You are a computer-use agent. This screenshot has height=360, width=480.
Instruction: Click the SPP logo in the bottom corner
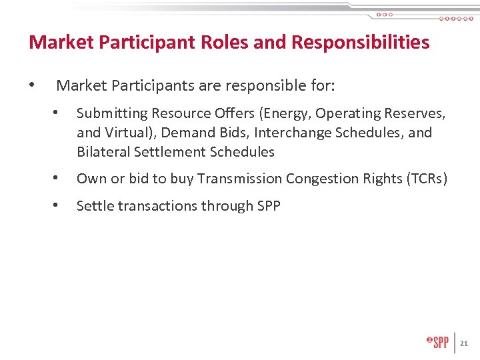pyautogui.click(x=437, y=342)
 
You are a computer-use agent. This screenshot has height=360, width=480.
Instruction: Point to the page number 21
pyautogui.click(x=465, y=343)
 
